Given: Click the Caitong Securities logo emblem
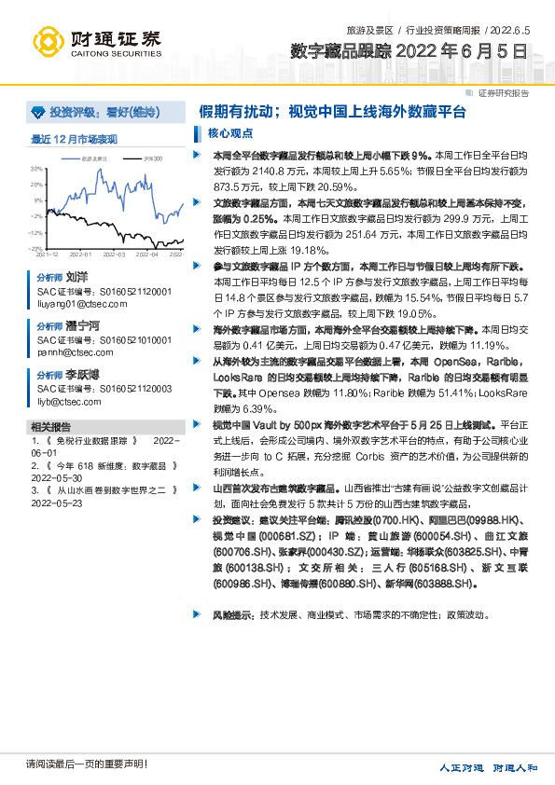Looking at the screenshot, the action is [49, 42].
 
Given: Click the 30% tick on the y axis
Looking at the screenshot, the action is [37, 169].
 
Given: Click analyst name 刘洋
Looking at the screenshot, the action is [76, 278].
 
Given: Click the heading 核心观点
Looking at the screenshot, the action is [225, 132].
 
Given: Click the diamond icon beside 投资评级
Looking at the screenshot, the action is [38, 112].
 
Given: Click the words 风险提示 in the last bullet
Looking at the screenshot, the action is [232, 615].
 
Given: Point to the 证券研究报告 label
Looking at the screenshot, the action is [504, 92].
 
